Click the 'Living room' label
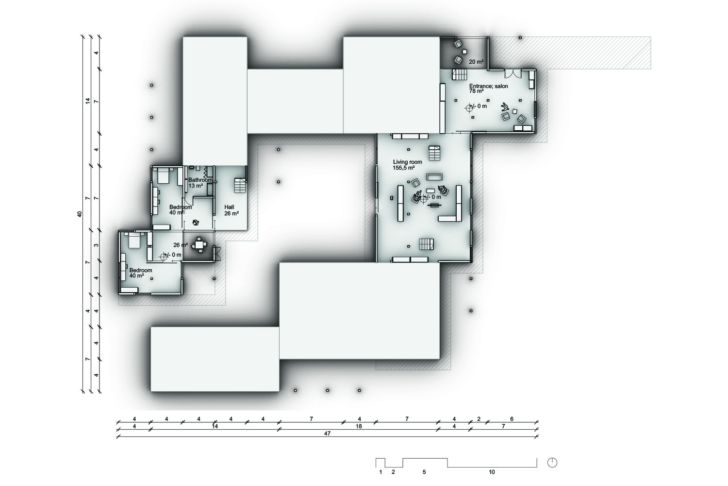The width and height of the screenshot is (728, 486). tap(407, 162)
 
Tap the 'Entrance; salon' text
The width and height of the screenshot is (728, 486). tap(488, 86)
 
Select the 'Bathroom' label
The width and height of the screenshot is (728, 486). tap(200, 180)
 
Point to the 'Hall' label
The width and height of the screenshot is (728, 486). tap(229, 207)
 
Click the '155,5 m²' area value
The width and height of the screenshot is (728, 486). tap(404, 168)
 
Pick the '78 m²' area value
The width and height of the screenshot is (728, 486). tap(476, 91)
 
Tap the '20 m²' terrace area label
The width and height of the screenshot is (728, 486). tap(476, 62)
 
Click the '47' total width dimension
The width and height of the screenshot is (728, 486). tap(327, 434)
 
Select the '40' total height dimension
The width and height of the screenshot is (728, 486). tap(79, 214)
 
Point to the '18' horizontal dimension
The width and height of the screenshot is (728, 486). tap(359, 426)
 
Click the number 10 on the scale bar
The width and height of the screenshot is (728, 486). tap(492, 472)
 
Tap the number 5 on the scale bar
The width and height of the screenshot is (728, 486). tap(424, 472)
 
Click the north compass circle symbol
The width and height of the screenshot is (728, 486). tap(552, 463)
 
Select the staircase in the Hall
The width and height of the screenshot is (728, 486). tap(241, 186)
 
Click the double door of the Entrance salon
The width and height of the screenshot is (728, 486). tap(513, 73)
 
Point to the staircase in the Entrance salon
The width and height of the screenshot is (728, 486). tap(459, 75)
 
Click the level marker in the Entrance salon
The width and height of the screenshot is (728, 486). tap(469, 108)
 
